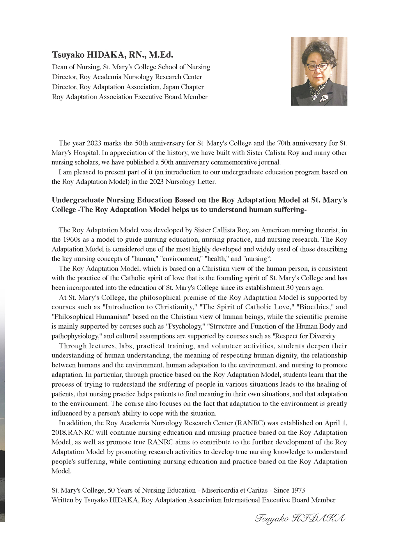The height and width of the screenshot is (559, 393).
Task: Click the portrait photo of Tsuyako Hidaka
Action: (x=319, y=71)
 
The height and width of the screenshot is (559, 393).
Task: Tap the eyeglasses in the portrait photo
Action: (x=318, y=67)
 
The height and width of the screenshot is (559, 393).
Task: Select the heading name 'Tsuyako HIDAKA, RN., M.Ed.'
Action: (x=112, y=55)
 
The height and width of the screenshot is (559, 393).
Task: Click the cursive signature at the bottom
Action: (x=300, y=518)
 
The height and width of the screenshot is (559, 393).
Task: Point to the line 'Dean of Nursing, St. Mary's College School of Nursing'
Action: (x=131, y=67)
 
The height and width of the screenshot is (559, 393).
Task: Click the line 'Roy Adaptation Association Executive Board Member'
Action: (x=130, y=97)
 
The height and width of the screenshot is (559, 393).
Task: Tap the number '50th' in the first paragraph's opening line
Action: (x=141, y=143)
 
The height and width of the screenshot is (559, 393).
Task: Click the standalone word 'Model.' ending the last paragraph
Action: (x=61, y=471)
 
